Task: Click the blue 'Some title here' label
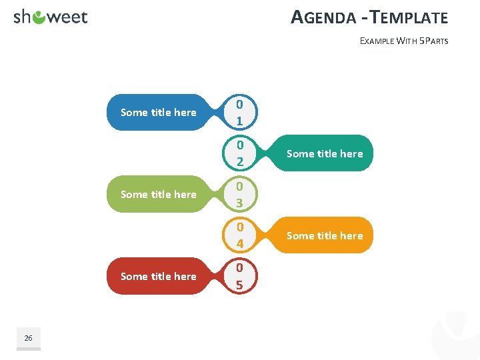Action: (158, 113)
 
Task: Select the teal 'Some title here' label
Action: (325, 154)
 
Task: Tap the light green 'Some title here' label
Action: (158, 195)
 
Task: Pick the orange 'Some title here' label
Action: (325, 236)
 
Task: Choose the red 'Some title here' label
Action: (158, 277)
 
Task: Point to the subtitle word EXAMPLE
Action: (377, 41)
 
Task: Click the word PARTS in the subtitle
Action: (436, 41)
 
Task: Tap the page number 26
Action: (28, 339)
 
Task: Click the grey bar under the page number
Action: (28, 349)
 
